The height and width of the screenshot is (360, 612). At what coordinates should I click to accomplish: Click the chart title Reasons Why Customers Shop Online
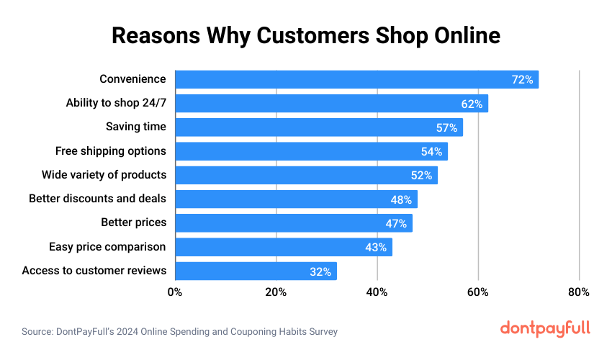(305, 35)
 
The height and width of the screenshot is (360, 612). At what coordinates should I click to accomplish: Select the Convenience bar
(356, 79)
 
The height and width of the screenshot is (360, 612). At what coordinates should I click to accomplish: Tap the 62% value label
(472, 104)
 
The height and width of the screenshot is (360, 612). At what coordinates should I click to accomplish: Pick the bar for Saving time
(318, 127)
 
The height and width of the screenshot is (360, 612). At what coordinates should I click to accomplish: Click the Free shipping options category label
(111, 151)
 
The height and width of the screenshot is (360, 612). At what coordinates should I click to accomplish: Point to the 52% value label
(421, 176)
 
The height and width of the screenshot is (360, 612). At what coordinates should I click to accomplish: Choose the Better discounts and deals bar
(296, 199)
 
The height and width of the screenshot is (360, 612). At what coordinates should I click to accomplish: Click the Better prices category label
(133, 222)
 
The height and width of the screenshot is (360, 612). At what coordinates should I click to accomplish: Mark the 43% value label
(376, 248)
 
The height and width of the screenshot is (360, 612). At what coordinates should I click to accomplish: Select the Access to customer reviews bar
(256, 271)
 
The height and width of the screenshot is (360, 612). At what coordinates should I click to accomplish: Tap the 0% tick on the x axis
(174, 292)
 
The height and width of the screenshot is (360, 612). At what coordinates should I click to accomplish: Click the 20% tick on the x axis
(276, 292)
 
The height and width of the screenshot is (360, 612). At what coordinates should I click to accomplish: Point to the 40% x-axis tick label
(377, 292)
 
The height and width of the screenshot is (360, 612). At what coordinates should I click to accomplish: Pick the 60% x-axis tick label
(478, 292)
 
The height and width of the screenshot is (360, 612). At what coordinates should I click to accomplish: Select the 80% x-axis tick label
(579, 292)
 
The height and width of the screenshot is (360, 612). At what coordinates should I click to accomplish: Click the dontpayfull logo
(545, 328)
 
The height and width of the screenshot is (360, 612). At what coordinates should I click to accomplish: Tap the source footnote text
(179, 332)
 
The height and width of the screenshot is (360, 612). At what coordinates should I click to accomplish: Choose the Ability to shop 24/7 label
(116, 103)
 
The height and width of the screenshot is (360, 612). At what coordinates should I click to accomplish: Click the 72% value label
(522, 80)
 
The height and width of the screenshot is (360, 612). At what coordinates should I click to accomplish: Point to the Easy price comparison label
(107, 247)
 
